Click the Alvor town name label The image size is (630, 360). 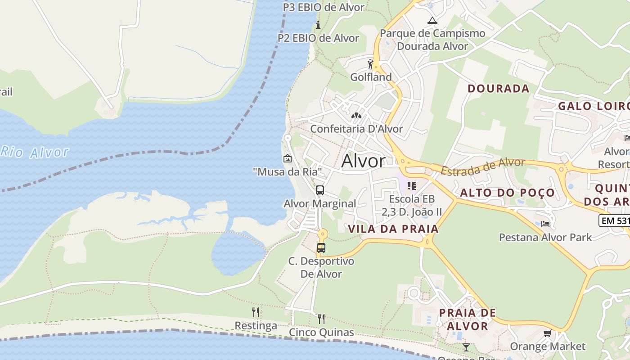tap(363, 161)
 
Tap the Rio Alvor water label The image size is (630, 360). tap(35, 152)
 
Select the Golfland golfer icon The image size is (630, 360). tap(370, 64)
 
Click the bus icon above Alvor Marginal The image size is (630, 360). tap(320, 190)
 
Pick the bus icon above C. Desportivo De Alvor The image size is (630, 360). tap(321, 247)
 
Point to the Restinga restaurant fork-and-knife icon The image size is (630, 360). tap(256, 312)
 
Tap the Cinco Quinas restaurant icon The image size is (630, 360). tap(321, 319)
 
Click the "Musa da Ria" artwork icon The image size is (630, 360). tap(287, 158)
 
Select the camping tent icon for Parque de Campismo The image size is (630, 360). tap(432, 20)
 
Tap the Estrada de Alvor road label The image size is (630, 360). tap(482, 166)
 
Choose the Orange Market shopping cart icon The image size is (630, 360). tap(547, 333)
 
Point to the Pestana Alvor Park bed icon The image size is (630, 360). tap(545, 224)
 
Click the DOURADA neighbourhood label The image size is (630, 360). tap(499, 88)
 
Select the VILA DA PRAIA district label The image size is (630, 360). tap(393, 229)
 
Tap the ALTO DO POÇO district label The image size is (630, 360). tap(507, 193)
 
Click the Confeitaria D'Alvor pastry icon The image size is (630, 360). tap(356, 116)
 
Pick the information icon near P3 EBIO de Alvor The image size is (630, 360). tap(318, 25)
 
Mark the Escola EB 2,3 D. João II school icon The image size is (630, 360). tap(411, 185)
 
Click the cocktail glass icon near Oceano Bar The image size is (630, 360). tap(466, 347)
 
